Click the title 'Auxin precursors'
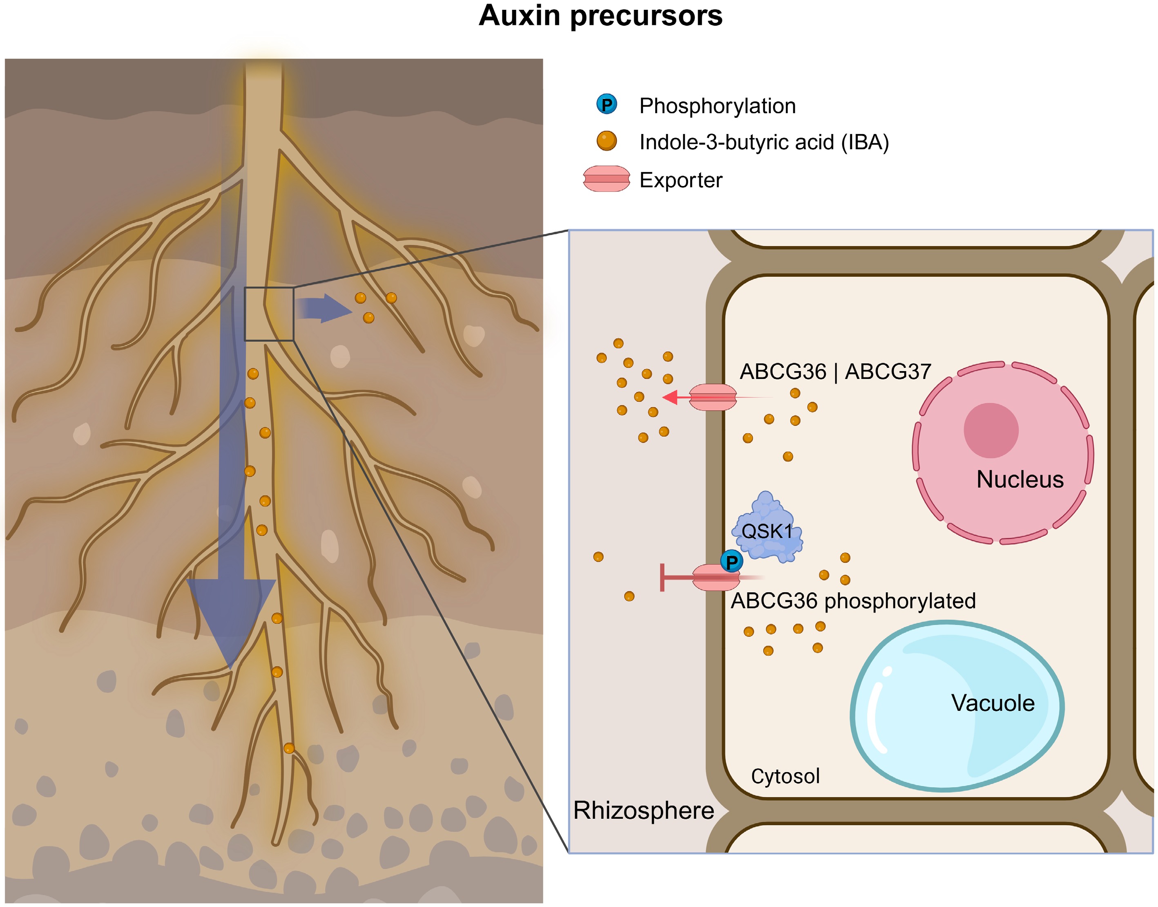(600, 16)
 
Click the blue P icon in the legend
(607, 104)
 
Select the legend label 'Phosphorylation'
(717, 106)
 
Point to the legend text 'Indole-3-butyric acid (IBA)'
(764, 142)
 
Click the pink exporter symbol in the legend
(606, 179)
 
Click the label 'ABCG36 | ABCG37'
(835, 372)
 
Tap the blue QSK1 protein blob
(768, 529)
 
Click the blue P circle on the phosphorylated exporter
(731, 561)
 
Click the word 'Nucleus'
(1020, 479)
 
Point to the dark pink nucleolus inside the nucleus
(991, 430)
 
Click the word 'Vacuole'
(993, 703)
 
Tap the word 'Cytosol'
(785, 776)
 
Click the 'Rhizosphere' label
(643, 811)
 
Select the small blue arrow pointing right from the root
(324, 308)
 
